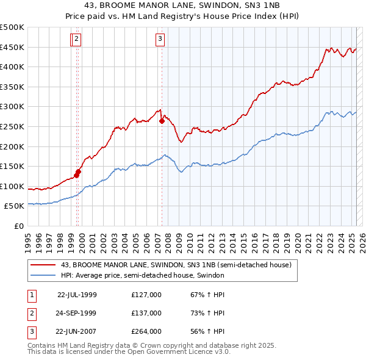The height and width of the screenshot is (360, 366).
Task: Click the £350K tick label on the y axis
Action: point(12,87)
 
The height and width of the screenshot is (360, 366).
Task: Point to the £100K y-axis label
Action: point(12,186)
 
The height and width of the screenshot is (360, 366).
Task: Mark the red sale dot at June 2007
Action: point(162,121)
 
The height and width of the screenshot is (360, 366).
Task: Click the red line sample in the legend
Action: point(43,265)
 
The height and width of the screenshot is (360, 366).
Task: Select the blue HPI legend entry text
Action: point(143,275)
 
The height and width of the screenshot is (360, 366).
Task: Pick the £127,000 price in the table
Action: point(146,295)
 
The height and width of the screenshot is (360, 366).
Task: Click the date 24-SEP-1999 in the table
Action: point(76,313)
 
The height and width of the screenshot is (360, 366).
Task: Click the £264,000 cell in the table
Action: point(146,331)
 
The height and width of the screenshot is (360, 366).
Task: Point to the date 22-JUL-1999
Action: point(77,295)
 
